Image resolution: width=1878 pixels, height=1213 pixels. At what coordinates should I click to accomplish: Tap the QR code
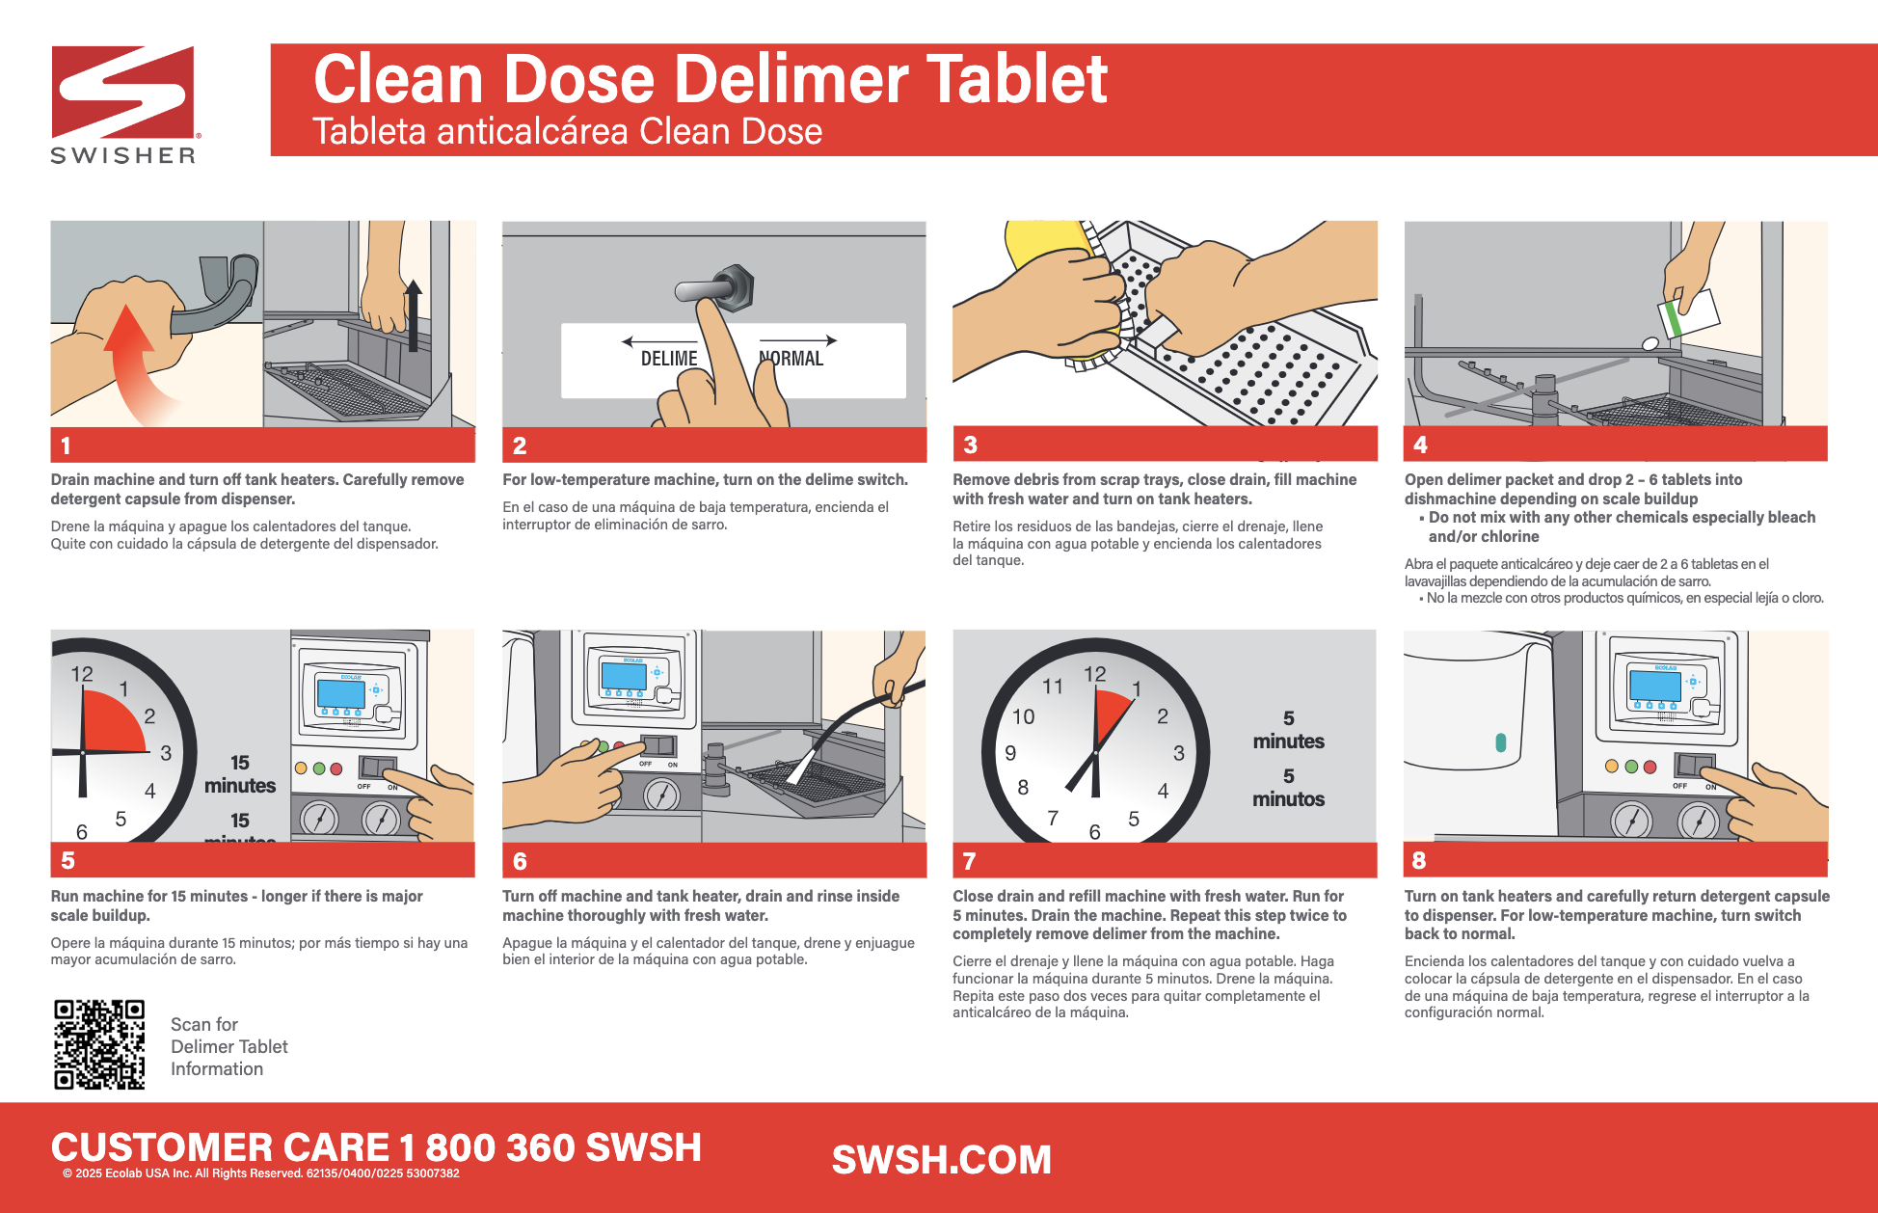(99, 1044)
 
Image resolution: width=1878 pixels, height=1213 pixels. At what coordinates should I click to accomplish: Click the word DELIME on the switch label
(669, 359)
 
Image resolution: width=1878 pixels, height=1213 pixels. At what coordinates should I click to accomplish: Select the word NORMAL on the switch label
(792, 359)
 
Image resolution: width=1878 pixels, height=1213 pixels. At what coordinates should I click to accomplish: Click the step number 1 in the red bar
(66, 445)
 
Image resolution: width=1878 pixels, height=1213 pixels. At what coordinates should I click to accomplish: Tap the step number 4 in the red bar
(1420, 445)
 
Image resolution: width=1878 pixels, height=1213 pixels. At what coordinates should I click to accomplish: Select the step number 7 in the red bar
(969, 861)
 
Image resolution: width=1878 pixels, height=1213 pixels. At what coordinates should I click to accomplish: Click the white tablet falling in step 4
(1650, 343)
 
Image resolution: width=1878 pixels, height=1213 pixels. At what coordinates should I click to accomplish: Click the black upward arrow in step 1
(413, 314)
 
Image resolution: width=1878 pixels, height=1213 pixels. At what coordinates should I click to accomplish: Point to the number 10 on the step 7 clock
(1023, 716)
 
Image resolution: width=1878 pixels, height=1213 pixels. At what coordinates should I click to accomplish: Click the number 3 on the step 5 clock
(166, 753)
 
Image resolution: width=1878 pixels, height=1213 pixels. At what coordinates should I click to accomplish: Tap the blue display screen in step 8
(1655, 684)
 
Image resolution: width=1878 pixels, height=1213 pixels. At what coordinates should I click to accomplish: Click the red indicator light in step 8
(1650, 767)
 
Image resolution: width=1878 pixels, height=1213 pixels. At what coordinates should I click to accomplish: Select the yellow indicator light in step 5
(301, 768)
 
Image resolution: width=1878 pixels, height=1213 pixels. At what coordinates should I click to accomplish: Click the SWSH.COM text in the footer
(942, 1160)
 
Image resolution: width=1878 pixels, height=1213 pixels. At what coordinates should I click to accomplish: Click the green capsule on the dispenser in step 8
(1500, 742)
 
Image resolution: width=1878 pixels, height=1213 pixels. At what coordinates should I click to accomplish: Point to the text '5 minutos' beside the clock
(1288, 788)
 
